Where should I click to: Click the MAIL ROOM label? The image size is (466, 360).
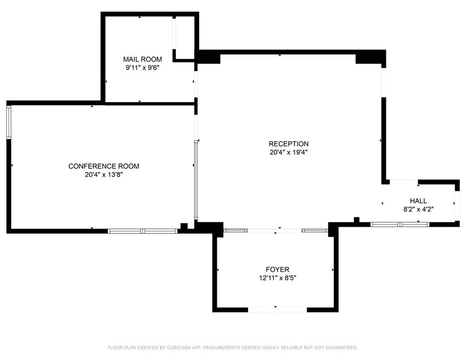(143, 59)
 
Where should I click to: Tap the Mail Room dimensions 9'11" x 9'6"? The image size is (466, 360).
(143, 68)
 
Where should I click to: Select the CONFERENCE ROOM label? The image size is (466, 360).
(103, 166)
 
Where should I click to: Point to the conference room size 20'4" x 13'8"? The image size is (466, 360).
(103, 174)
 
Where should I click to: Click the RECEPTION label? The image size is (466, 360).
(288, 144)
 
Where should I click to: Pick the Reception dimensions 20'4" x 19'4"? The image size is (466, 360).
(288, 152)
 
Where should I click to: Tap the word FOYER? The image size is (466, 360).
(277, 269)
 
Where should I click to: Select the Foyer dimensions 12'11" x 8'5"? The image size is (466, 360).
(277, 278)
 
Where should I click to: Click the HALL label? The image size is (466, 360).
(419, 201)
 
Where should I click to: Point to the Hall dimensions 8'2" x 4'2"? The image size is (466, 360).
(419, 209)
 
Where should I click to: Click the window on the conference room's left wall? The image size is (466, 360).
(9, 122)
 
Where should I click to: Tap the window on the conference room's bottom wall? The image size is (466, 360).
(143, 231)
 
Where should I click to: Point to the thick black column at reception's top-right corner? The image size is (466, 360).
(370, 57)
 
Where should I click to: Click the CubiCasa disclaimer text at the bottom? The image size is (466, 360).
(233, 347)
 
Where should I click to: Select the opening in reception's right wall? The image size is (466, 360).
(383, 81)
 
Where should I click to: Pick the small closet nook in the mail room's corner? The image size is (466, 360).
(184, 38)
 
